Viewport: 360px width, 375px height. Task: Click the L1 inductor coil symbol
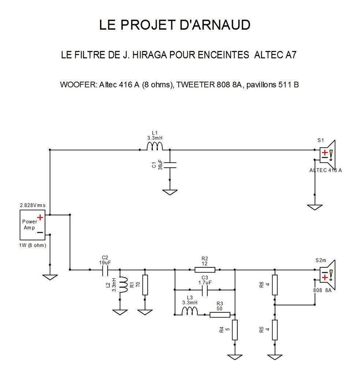155,146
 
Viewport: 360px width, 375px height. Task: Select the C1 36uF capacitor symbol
170,165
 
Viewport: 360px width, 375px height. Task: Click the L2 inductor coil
124,285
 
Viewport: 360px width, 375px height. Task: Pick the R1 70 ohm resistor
145,285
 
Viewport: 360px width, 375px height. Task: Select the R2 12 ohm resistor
205,270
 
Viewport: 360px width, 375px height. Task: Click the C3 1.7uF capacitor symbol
205,290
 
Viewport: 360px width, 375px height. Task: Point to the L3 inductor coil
190,311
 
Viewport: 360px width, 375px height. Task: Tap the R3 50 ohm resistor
220,315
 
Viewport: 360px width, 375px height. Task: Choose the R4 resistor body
235,330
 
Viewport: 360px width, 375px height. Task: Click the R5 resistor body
275,330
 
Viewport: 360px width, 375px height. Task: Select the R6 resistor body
275,285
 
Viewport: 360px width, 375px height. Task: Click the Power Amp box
32,225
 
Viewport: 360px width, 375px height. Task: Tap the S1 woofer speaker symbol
328,154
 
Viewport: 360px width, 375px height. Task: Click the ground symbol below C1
170,192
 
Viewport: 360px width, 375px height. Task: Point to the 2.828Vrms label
33,205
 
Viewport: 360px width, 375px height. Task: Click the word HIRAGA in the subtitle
149,55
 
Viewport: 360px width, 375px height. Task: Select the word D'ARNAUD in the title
215,25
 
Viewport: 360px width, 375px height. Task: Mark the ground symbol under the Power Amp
50,278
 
